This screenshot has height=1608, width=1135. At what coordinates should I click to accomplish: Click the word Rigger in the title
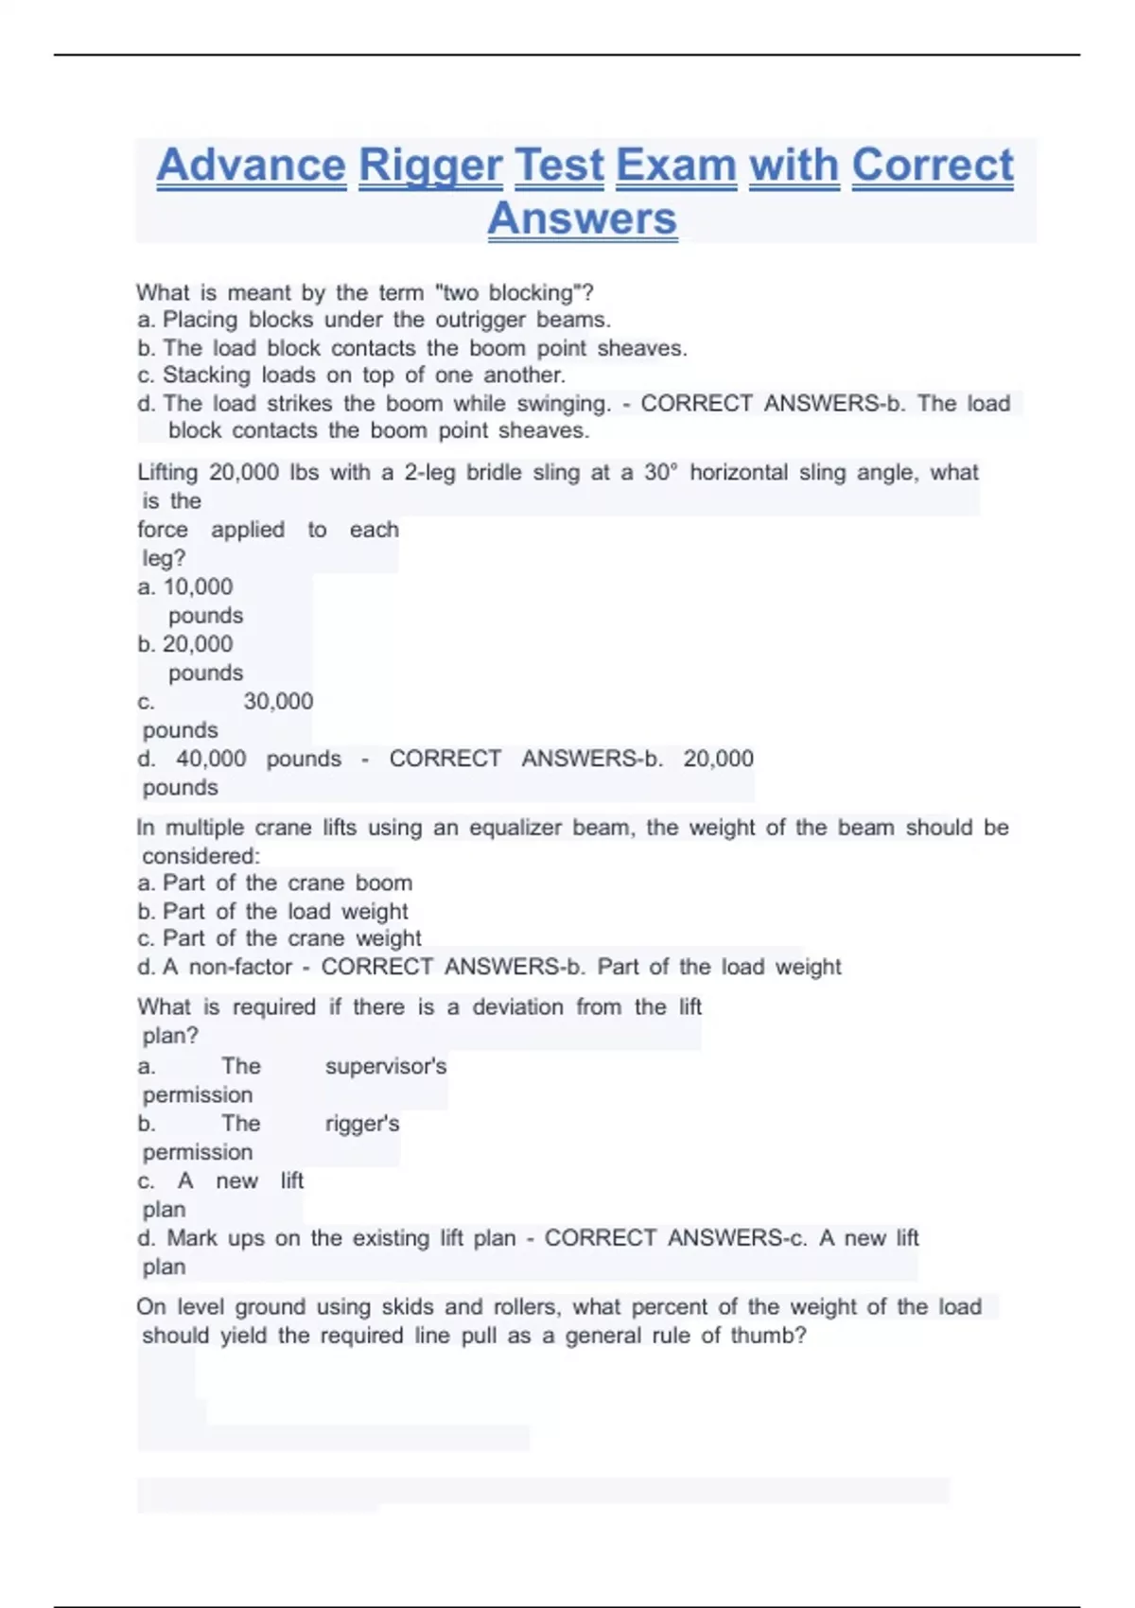(x=429, y=166)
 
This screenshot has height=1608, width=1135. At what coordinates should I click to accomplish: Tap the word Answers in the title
(x=583, y=218)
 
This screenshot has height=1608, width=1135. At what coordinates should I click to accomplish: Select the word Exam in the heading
(x=676, y=166)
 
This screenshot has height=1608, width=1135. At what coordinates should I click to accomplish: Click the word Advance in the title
(x=252, y=166)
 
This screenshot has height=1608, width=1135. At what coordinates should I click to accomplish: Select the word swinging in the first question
(x=563, y=404)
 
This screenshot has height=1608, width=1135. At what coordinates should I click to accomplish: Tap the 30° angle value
(x=661, y=473)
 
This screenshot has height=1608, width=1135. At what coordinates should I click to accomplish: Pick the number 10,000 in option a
(x=198, y=587)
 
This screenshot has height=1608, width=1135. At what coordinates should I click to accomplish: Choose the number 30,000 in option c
(x=278, y=702)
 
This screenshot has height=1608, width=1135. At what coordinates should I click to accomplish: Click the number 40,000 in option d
(x=211, y=760)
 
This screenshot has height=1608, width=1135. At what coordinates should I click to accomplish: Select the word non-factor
(x=240, y=968)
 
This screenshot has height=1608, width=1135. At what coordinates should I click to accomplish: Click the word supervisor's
(x=386, y=1067)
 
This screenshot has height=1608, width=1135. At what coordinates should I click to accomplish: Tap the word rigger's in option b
(x=362, y=1125)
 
